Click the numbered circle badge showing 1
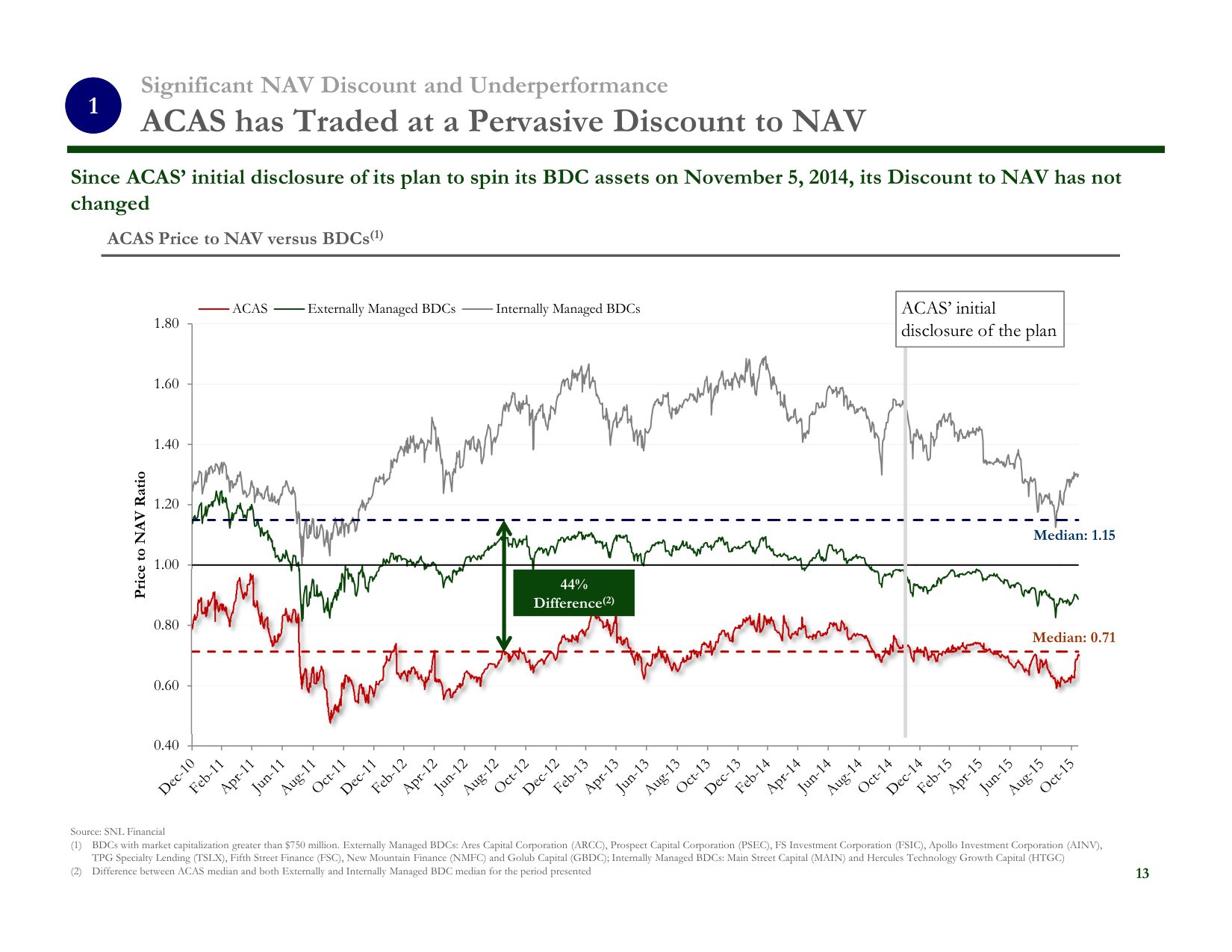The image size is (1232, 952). (93, 106)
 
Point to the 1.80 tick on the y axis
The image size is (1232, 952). (167, 324)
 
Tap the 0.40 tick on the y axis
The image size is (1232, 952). (167, 745)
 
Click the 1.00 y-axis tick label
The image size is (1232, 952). (167, 564)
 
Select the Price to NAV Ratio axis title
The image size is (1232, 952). (140, 535)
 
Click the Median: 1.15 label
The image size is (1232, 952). (1074, 535)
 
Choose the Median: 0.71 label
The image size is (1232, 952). (1073, 638)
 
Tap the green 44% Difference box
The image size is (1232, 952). (573, 594)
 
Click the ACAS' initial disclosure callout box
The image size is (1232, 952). (979, 320)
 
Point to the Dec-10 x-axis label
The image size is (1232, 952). (178, 777)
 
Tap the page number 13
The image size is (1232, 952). (1142, 874)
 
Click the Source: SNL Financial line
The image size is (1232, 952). (117, 831)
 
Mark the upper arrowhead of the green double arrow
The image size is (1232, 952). (504, 527)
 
